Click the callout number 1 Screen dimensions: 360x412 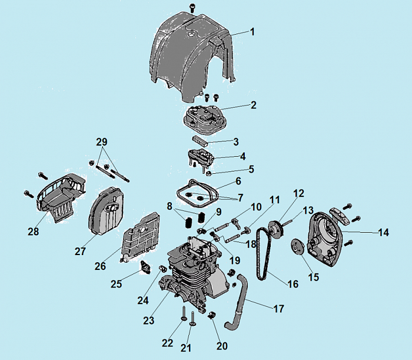pos(252,32)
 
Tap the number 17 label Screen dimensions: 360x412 pos(278,308)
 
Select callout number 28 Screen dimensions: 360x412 pos(33,232)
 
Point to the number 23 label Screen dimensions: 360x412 pos(149,321)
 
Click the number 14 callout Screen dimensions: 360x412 pos(383,232)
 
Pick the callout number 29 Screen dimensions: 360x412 pos(102,142)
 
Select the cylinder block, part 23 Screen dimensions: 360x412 pos(194,277)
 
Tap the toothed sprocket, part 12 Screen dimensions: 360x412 pos(274,229)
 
